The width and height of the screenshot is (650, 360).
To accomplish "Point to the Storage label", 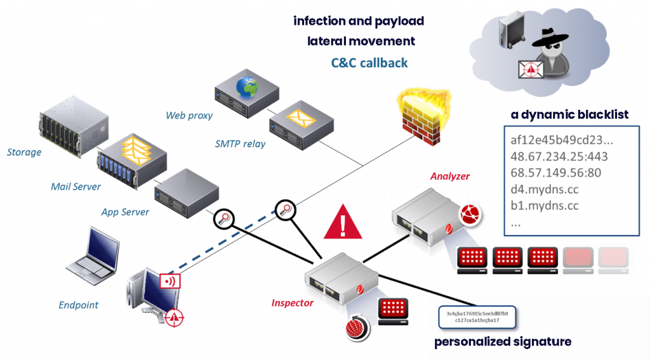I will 24,152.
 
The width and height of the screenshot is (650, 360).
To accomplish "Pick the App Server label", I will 125,212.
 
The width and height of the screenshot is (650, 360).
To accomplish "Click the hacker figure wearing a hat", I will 552,54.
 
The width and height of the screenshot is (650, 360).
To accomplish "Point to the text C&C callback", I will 369,63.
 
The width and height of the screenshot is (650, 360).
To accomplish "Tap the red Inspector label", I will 293,303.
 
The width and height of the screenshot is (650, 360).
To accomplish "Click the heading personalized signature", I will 503,343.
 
